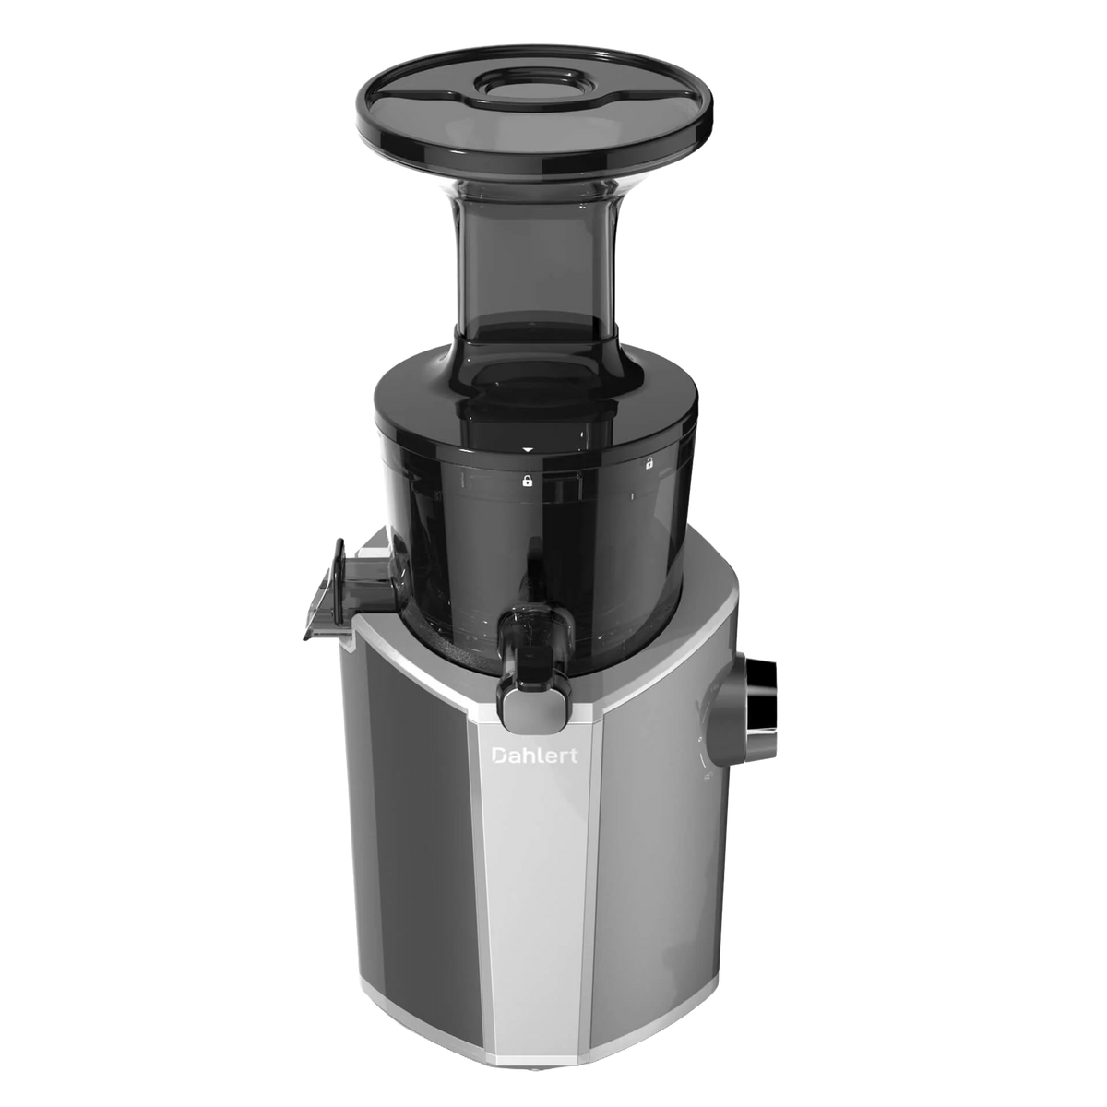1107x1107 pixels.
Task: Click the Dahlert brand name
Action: [x=534, y=755]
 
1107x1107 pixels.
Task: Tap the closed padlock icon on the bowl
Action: [x=527, y=482]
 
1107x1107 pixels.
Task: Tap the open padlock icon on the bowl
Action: [x=649, y=464]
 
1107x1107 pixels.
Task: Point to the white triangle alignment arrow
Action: [x=529, y=450]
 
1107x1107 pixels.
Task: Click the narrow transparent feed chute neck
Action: [x=535, y=264]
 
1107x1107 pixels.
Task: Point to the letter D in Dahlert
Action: [x=499, y=756]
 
